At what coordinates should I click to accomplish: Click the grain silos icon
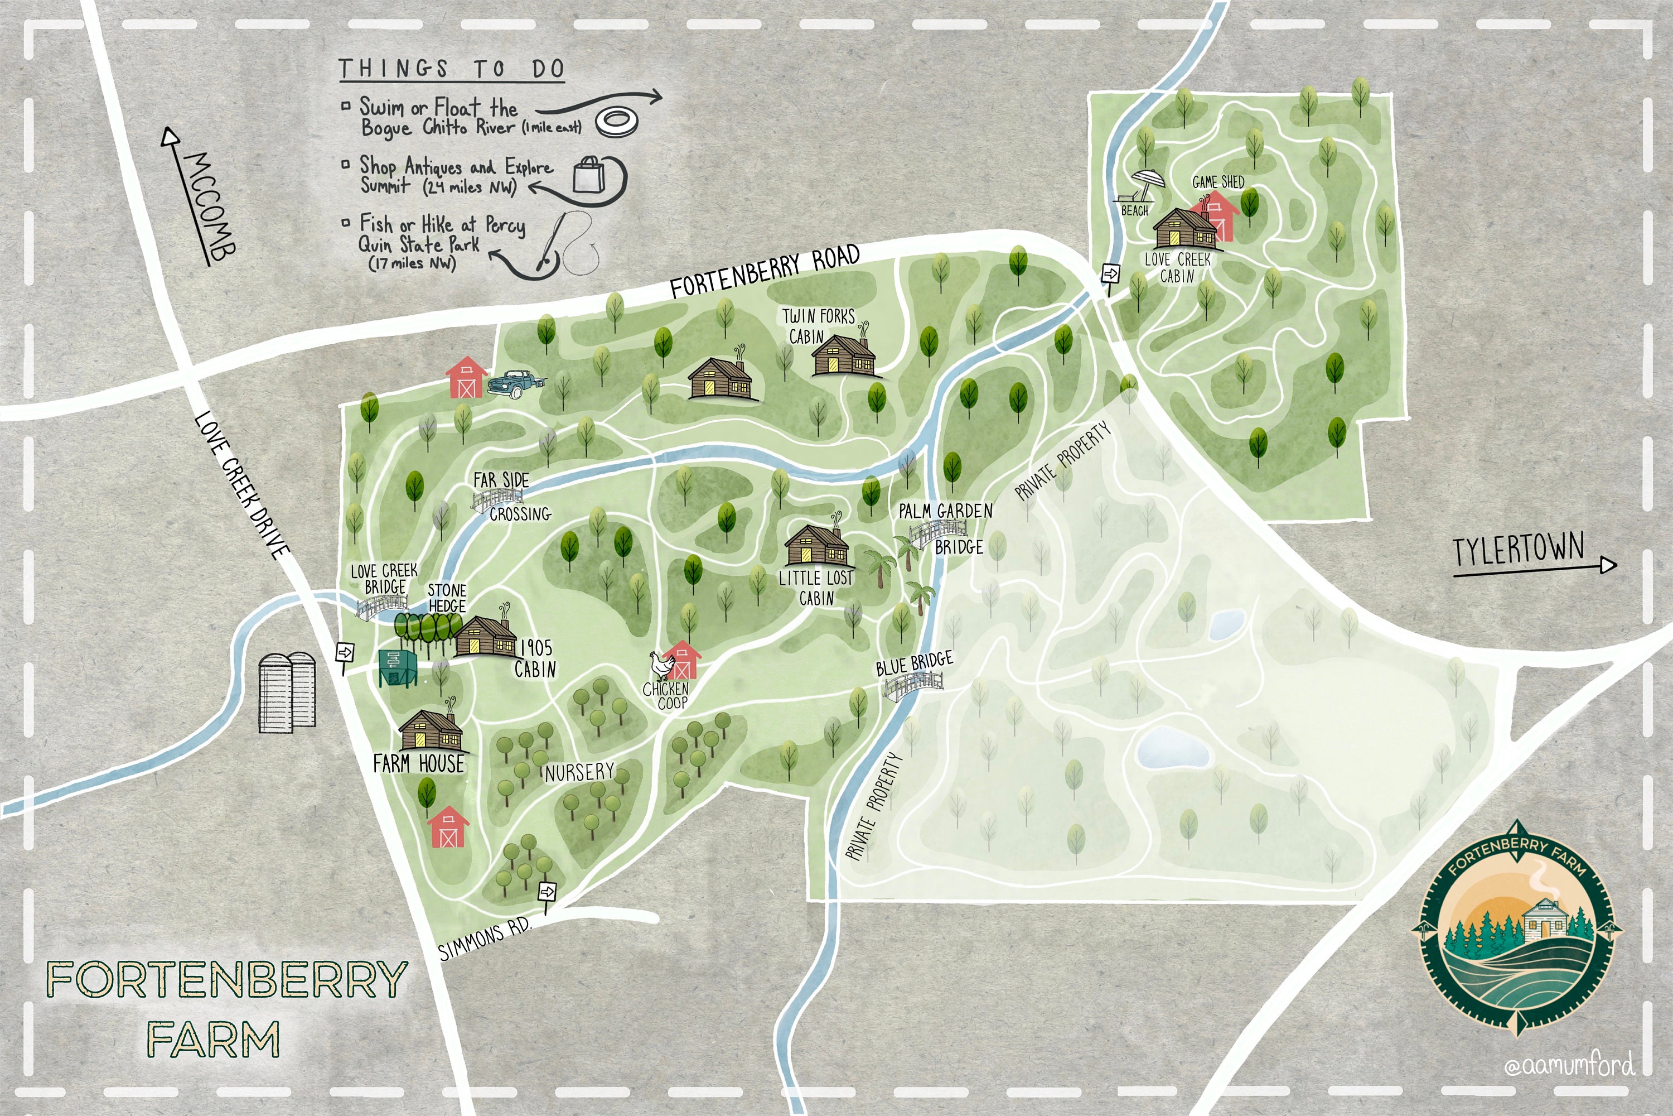point(287,692)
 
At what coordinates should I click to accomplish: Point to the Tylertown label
point(1518,550)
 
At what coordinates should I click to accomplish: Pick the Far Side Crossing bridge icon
point(496,498)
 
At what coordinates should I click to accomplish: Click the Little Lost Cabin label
point(816,588)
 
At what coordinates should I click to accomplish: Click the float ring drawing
point(616,122)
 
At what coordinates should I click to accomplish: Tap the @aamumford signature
point(1568,1065)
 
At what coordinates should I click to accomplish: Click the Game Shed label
point(1218,182)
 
